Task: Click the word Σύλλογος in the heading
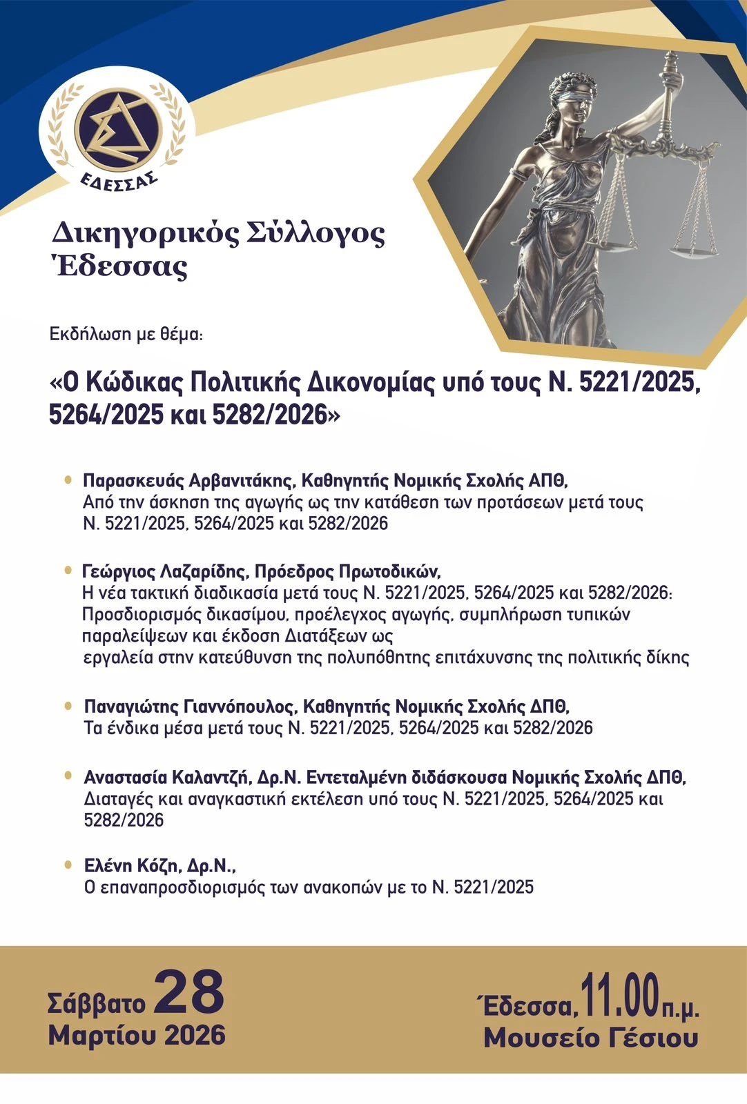click(x=316, y=235)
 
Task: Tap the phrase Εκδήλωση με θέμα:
click(x=126, y=335)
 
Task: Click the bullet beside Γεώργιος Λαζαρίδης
click(x=68, y=571)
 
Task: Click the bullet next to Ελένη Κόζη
click(x=68, y=865)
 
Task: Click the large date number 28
click(x=189, y=992)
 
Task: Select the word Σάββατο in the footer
click(x=97, y=1003)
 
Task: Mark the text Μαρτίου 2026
click(x=137, y=1035)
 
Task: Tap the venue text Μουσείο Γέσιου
click(x=591, y=1038)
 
